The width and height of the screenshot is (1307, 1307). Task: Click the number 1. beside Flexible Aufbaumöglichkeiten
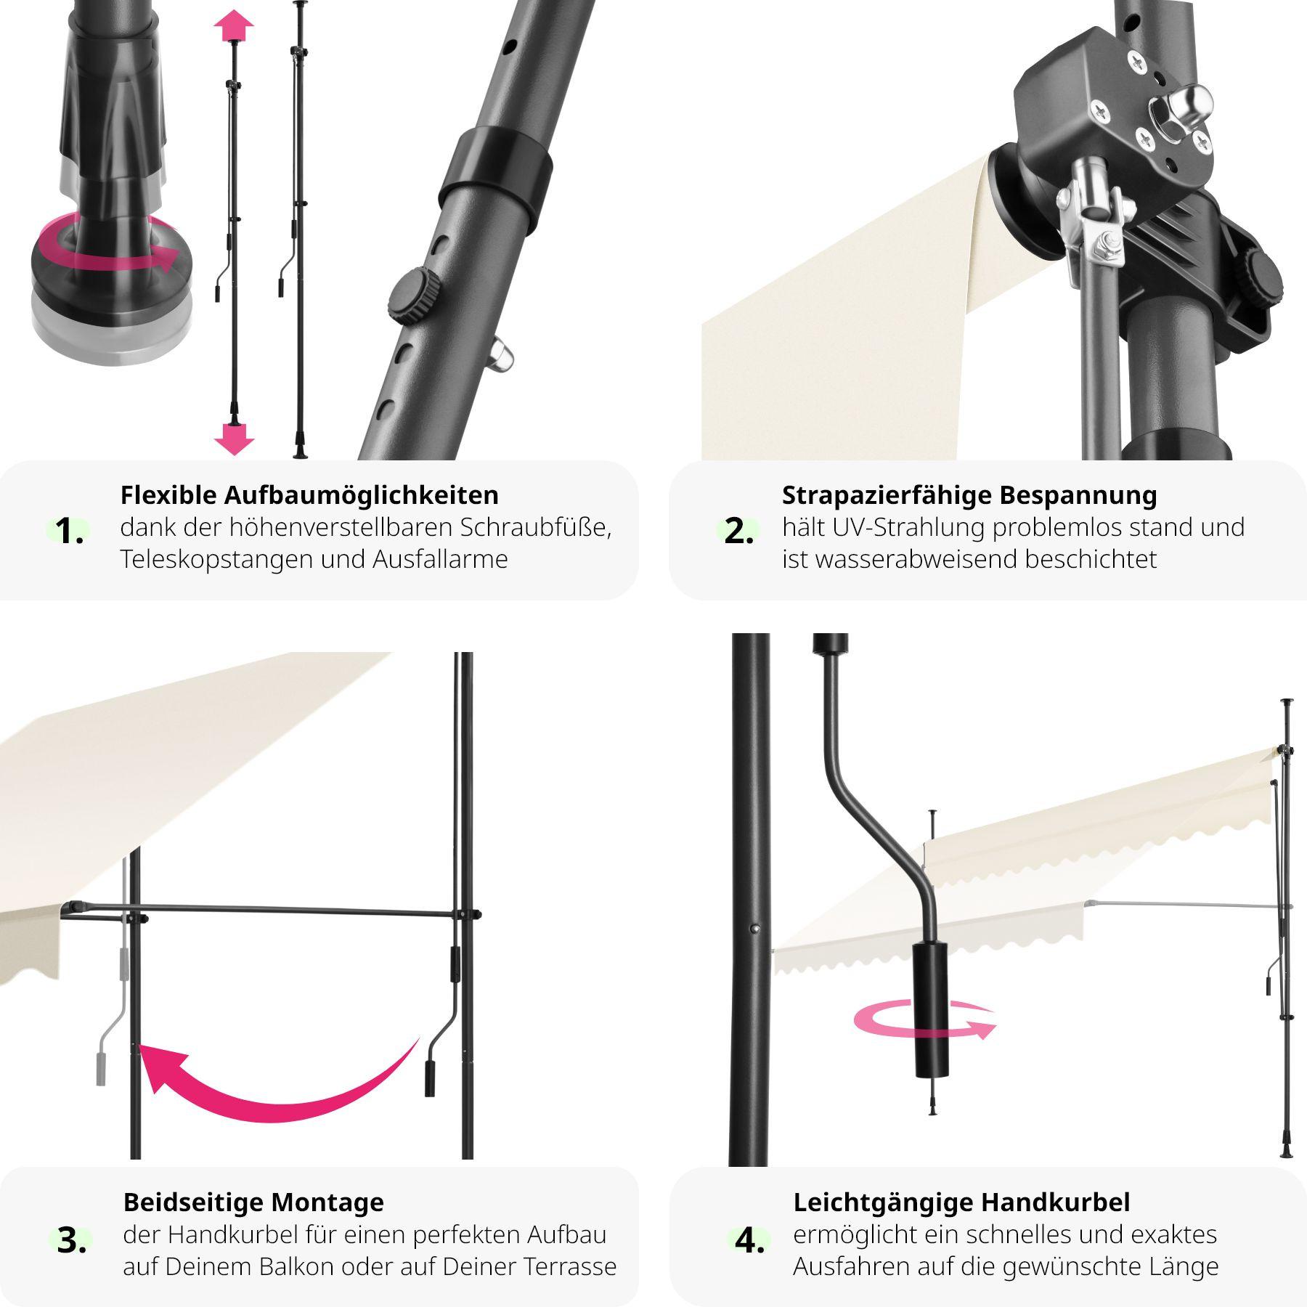[70, 532]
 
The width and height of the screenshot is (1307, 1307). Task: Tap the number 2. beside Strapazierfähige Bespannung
[738, 532]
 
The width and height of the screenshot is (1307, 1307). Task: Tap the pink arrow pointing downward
[234, 439]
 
